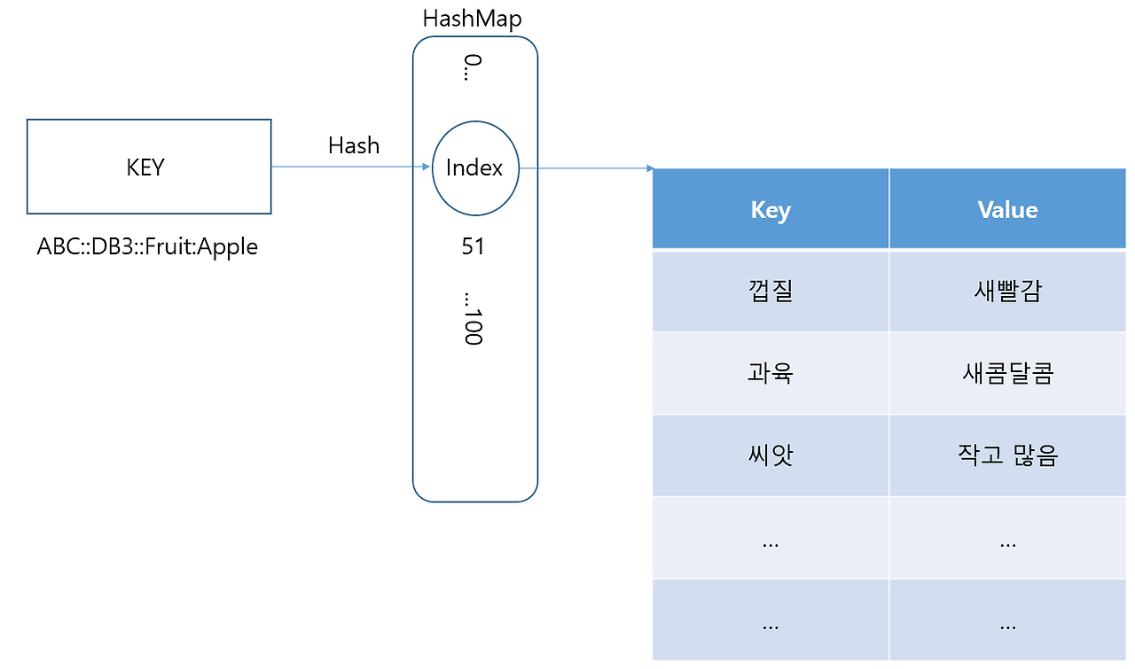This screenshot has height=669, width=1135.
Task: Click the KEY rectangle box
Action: click(149, 167)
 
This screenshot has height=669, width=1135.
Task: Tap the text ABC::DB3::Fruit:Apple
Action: click(147, 246)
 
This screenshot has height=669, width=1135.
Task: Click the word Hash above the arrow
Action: click(353, 145)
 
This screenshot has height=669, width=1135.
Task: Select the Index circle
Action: click(474, 167)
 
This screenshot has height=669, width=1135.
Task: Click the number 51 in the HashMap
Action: click(474, 246)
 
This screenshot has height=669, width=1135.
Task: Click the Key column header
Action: click(770, 210)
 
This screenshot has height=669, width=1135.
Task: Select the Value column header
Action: click(1007, 210)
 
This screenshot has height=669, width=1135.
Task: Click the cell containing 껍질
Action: click(770, 292)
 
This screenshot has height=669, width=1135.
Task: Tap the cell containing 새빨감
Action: click(1007, 292)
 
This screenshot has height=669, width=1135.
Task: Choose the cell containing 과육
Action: click(770, 373)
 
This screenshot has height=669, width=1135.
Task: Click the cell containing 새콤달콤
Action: click(1007, 373)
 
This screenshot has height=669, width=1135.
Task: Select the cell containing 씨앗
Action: click(770, 455)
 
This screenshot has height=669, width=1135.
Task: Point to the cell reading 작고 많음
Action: click(1007, 455)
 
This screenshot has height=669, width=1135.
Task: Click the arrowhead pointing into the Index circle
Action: click(426, 167)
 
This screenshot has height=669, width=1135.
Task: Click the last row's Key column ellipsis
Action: click(770, 624)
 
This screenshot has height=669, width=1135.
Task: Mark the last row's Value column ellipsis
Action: click(1007, 624)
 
